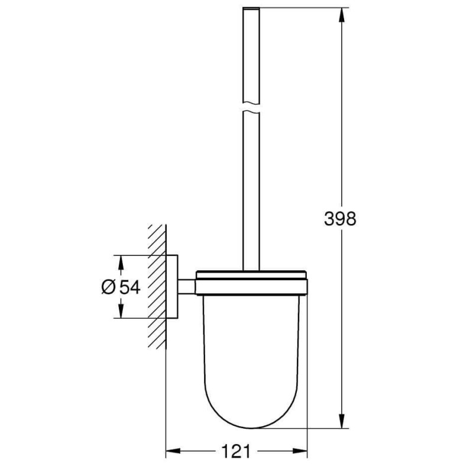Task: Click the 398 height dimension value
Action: pyautogui.click(x=340, y=219)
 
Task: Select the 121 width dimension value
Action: pyautogui.click(x=236, y=451)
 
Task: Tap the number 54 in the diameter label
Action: pyautogui.click(x=129, y=287)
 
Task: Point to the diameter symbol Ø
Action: pyautogui.click(x=108, y=287)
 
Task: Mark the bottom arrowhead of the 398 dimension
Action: pyautogui.click(x=341, y=420)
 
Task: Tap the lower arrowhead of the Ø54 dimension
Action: pyautogui.click(x=121, y=312)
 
